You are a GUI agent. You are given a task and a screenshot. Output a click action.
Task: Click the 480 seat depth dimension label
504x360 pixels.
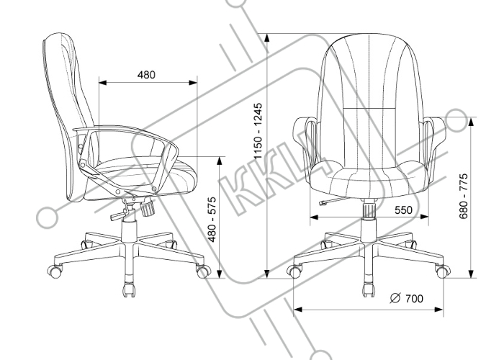146,75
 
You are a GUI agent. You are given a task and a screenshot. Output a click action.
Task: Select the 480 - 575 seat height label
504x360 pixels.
212,220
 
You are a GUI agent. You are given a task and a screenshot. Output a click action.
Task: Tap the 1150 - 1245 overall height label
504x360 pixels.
258,132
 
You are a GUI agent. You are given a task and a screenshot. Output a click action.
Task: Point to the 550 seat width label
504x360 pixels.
403,210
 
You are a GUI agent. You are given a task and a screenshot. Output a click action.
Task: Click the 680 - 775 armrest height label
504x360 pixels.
464,197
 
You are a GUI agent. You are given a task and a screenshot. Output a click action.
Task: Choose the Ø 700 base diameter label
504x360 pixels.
407,299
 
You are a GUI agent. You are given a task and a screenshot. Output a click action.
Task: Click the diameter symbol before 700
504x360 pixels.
395,299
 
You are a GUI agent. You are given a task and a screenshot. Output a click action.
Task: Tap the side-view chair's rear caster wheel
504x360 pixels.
55,271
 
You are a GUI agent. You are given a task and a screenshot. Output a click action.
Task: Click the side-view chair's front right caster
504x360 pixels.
204,271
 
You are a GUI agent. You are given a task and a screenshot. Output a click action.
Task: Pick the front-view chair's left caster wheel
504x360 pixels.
294,271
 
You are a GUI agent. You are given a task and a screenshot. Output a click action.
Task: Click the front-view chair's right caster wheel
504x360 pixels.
443,271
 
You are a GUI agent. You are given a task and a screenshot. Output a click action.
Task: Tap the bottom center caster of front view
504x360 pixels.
369,289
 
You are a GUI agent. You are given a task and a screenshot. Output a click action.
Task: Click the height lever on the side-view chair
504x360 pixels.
119,215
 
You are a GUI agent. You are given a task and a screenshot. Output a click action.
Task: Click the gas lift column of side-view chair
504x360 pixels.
129,230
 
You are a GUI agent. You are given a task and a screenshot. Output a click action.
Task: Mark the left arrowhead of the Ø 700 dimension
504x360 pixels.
298,310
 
